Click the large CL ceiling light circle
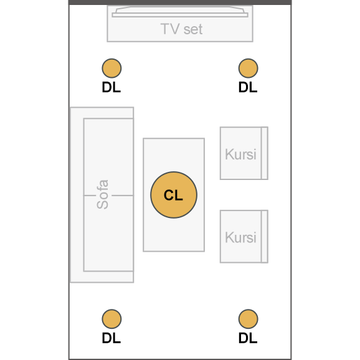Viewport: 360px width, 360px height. coord(174,195)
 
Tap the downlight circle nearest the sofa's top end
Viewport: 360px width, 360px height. coord(111,68)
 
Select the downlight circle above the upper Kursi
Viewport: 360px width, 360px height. coord(248,68)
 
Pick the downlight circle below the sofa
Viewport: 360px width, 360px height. coord(111,319)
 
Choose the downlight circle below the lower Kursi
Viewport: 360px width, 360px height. coord(248,319)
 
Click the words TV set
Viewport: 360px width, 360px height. coord(181,29)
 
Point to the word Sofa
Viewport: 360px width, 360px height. coord(102,194)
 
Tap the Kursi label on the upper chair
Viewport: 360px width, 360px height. coord(240,154)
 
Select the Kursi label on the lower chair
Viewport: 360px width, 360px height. coord(240,237)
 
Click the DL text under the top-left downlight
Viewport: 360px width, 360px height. coord(111,87)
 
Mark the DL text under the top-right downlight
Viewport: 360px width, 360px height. coord(248,87)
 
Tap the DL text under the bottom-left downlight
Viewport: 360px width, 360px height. coord(111,338)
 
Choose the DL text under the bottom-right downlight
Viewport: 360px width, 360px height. coord(248,338)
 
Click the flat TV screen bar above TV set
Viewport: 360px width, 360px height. coord(180,15)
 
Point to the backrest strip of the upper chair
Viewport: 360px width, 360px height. coord(265,153)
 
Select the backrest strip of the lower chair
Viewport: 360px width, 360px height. coord(265,237)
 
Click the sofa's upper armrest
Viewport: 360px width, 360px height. coord(102,113)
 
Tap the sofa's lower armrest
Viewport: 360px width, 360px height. coord(102,277)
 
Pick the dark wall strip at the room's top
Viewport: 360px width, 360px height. coord(180,2)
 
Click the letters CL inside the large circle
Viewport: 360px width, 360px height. coord(173,195)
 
